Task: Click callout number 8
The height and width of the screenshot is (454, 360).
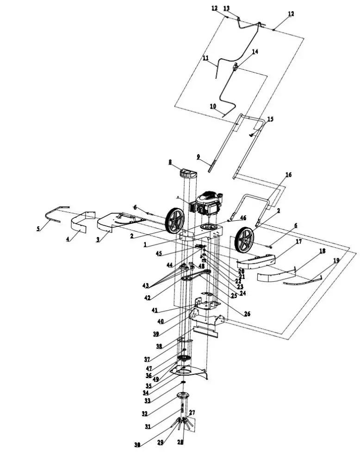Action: (x=170, y=162)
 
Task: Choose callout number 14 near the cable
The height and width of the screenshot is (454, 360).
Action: (x=254, y=52)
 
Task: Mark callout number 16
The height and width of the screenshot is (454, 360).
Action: (x=288, y=175)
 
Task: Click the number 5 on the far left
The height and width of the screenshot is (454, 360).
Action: (x=38, y=228)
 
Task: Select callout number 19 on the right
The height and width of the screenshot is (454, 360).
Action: (x=336, y=261)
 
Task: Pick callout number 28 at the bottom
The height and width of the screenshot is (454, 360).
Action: (x=180, y=442)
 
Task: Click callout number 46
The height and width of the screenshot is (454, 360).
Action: (x=243, y=218)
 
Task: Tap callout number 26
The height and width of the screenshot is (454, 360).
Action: (x=247, y=314)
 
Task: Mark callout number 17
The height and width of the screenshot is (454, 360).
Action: (x=298, y=241)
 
